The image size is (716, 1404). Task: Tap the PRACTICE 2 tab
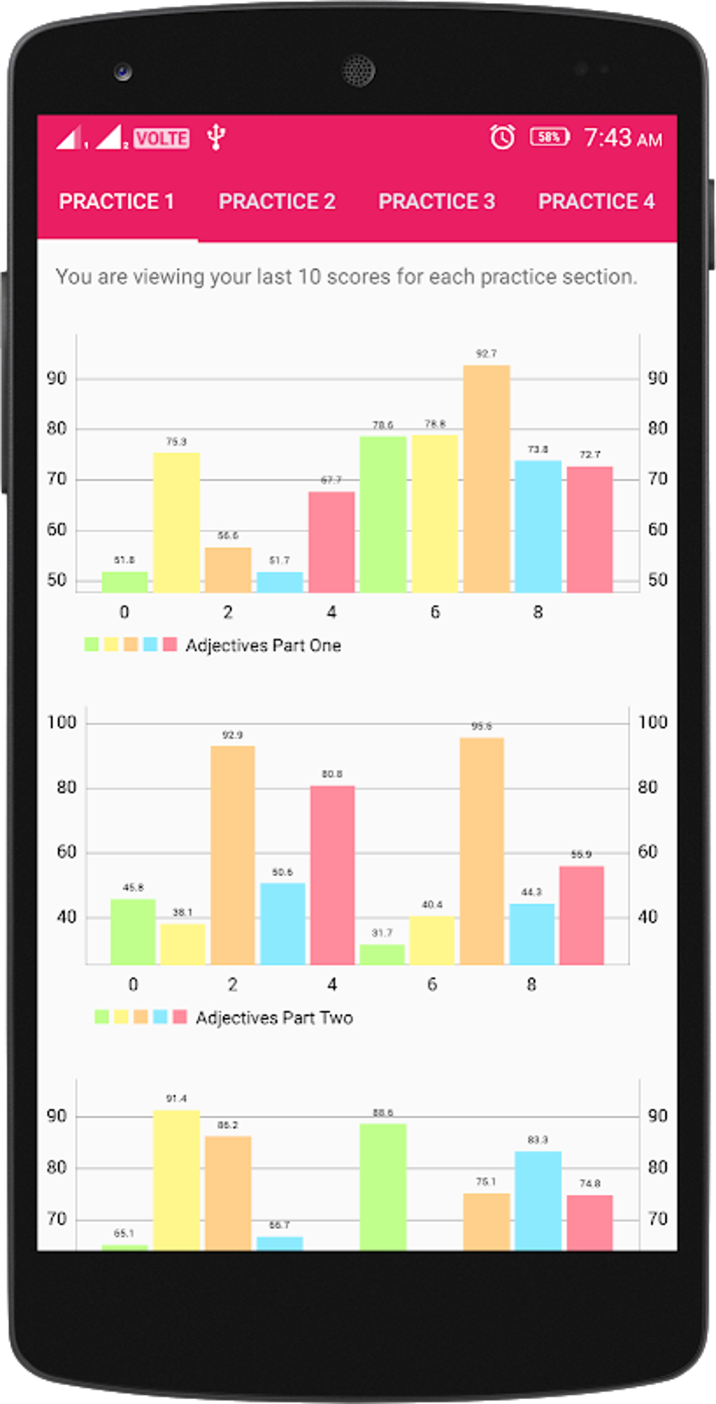point(277,202)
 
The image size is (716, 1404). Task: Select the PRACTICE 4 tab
point(596,202)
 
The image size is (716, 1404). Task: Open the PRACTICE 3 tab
point(437,202)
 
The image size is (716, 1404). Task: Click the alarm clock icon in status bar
point(503,137)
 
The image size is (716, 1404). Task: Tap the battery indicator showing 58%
point(549,137)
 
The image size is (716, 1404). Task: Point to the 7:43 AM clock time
point(623,138)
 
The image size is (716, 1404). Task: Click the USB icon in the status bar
point(216,137)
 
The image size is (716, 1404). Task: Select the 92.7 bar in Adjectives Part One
point(486,478)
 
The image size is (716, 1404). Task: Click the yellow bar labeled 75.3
point(176,522)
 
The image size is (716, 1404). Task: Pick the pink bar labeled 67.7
point(331,541)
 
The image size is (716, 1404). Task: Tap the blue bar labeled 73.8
point(538,526)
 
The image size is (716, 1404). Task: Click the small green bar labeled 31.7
point(382,954)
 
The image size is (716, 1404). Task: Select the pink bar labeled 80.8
point(332,875)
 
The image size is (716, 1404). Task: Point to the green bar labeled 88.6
point(383,1186)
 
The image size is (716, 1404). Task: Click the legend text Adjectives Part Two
point(274,1018)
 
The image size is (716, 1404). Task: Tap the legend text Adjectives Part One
point(263,646)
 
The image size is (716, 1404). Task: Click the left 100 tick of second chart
point(61,722)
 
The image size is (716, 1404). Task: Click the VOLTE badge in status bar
point(161,138)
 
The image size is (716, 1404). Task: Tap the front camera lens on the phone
point(124,71)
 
